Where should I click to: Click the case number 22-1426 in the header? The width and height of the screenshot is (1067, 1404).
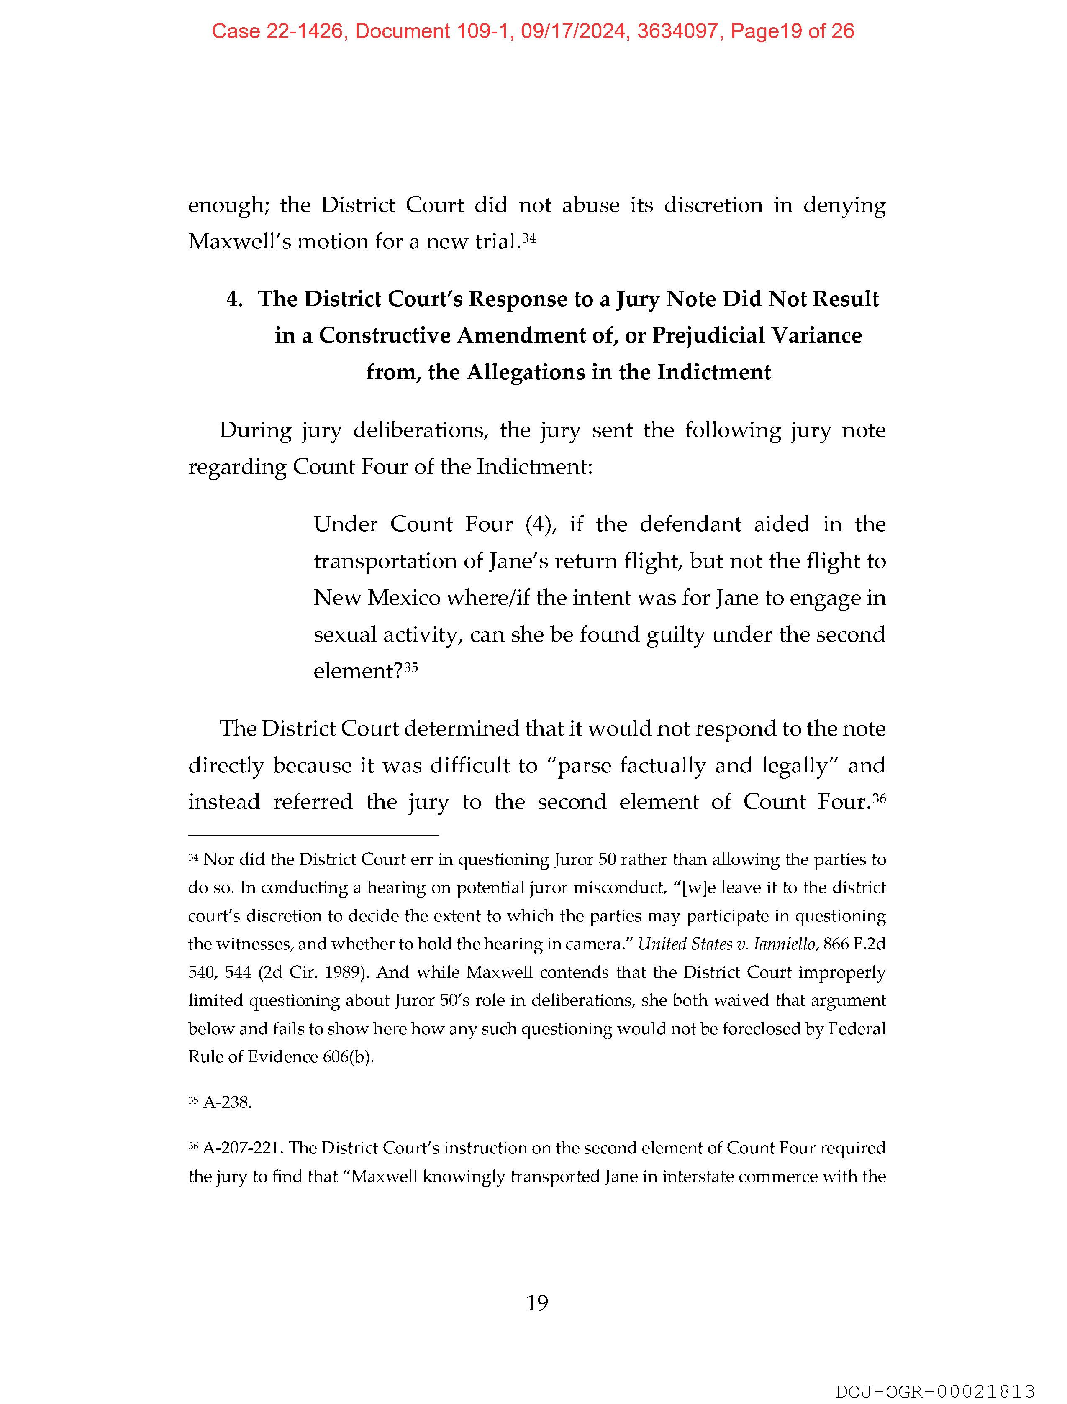[305, 31]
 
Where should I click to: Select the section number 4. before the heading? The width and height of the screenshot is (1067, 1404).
[235, 299]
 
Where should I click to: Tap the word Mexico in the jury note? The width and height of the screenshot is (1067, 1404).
[404, 598]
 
